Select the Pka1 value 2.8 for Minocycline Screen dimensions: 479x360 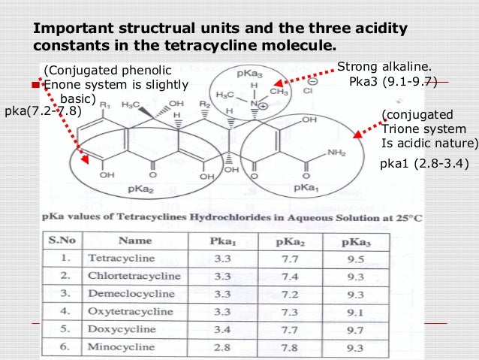(x=222, y=348)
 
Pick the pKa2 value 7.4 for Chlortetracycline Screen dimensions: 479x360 (x=284, y=276)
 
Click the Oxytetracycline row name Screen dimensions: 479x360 (x=122, y=311)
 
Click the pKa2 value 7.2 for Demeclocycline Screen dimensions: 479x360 (x=284, y=293)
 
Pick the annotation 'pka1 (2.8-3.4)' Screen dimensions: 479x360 (x=425, y=161)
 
